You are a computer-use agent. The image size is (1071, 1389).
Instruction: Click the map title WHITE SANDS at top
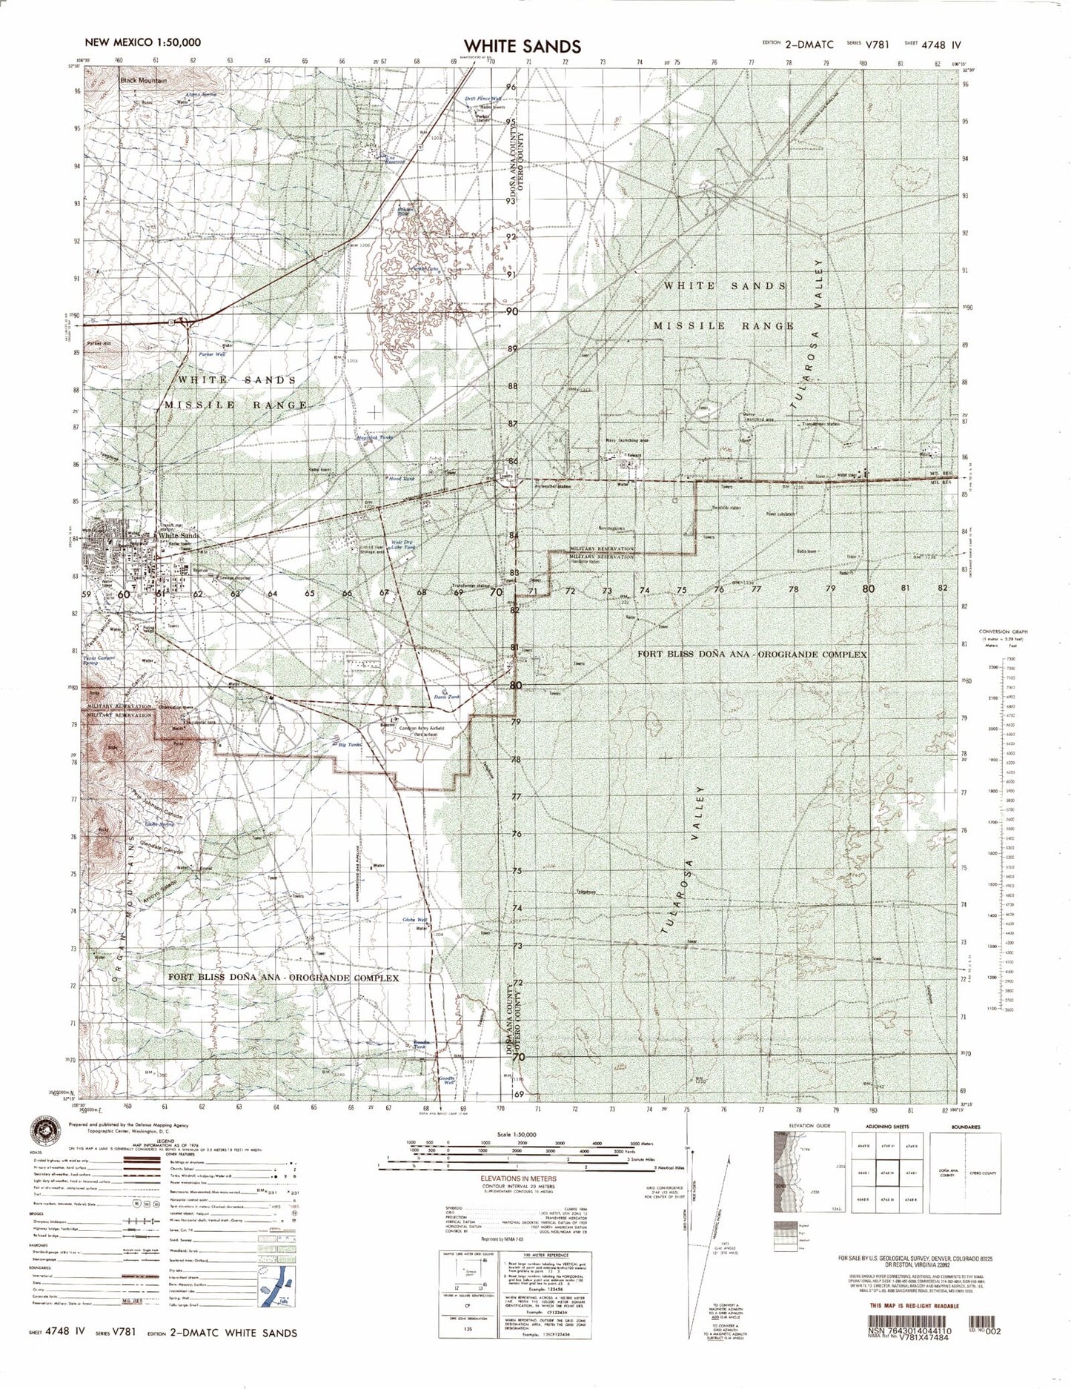523,46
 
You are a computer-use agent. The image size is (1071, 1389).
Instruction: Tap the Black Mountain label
145,79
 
